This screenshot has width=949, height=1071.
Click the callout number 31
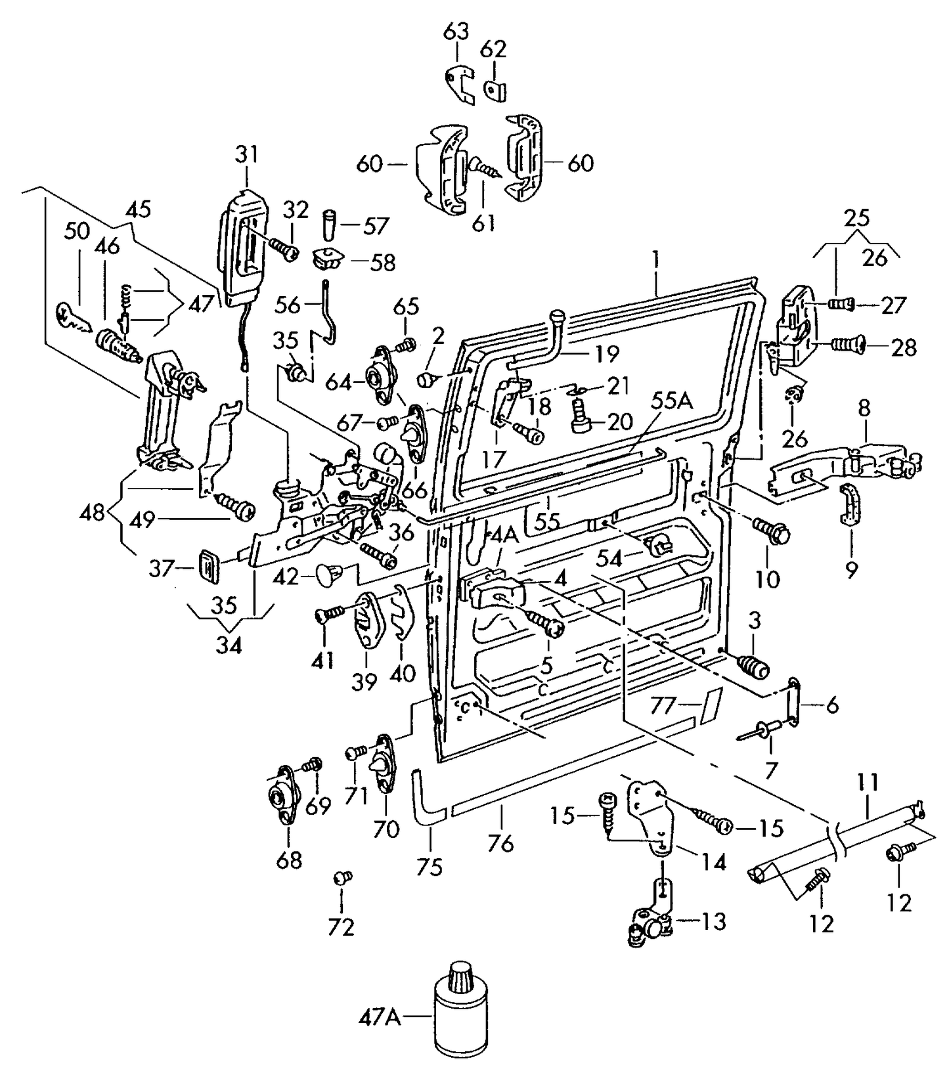tap(247, 155)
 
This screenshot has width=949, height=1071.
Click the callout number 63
tap(457, 31)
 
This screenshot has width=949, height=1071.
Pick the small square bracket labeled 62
tap(497, 89)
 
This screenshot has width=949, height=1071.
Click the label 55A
tap(673, 401)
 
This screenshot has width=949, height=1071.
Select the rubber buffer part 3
tap(754, 666)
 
